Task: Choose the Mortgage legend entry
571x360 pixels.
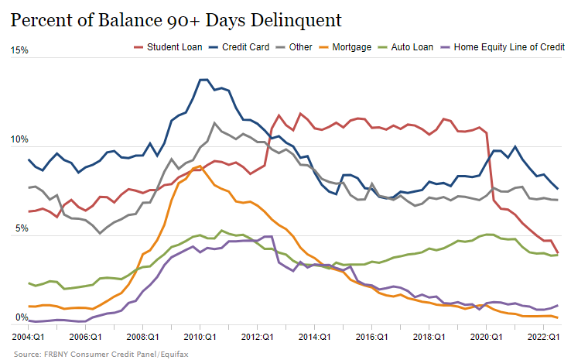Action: pos(352,47)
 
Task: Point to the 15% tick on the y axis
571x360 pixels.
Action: pos(19,50)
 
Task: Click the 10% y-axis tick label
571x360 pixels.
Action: pos(19,140)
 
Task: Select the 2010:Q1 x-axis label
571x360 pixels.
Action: pos(200,338)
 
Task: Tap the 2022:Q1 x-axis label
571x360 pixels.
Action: pos(543,338)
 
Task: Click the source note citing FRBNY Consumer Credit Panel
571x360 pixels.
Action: pos(100,353)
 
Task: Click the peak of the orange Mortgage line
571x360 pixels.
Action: pos(200,166)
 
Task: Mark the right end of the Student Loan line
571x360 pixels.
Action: pos(558,252)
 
